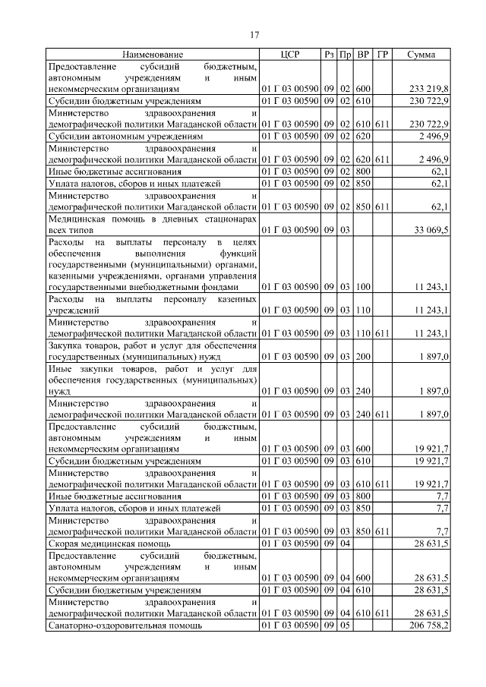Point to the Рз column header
tap(329, 55)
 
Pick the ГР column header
tap(382, 55)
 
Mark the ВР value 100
tap(363, 287)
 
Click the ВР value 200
tap(363, 356)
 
